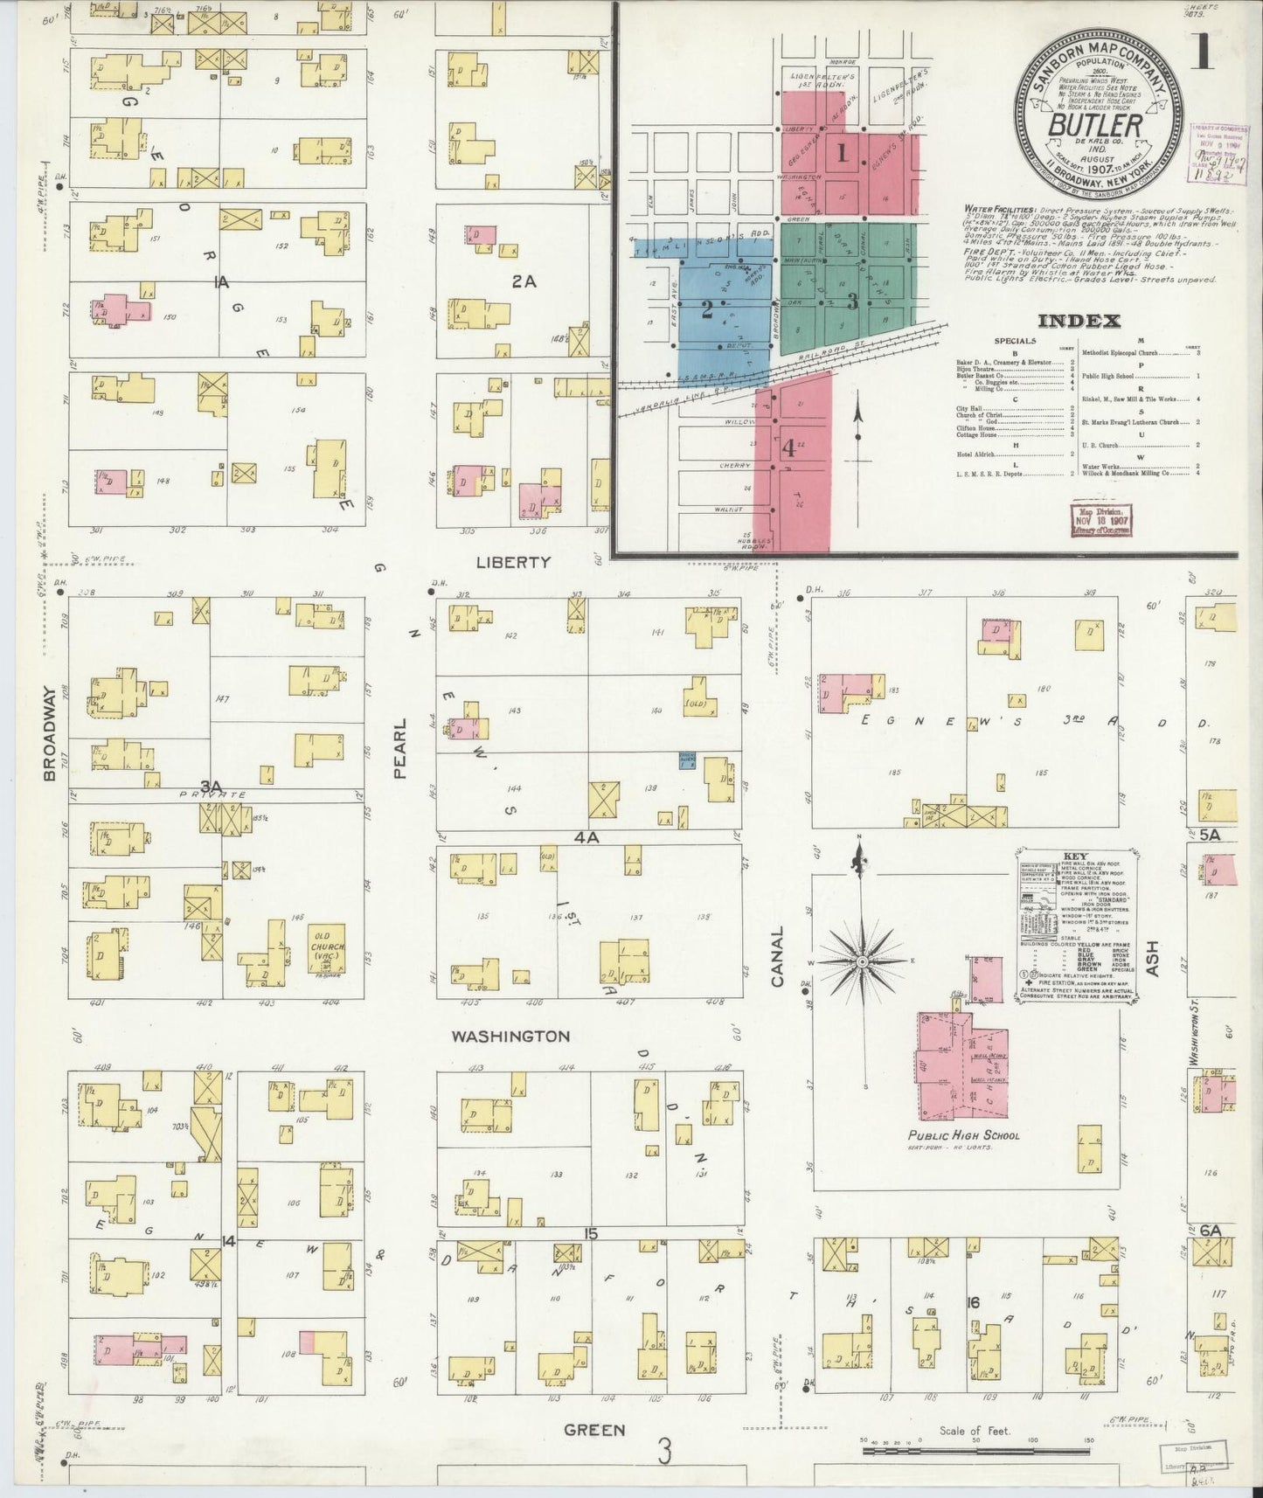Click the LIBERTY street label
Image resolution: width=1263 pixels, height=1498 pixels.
(x=513, y=562)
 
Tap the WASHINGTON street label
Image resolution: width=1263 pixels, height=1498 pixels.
(x=510, y=1037)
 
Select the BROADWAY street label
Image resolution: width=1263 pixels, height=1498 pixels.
(x=50, y=733)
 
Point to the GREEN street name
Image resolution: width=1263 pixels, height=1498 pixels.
(x=594, y=1430)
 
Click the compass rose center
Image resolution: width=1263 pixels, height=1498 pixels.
(x=862, y=961)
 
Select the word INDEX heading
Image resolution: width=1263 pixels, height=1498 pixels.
(x=1079, y=321)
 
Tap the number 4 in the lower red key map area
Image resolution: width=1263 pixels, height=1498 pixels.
(x=788, y=448)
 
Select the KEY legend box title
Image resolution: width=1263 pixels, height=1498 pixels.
(x=1075, y=856)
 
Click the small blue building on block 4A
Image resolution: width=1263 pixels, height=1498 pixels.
(x=688, y=760)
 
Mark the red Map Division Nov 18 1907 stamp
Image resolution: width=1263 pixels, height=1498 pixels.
(x=1100, y=519)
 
